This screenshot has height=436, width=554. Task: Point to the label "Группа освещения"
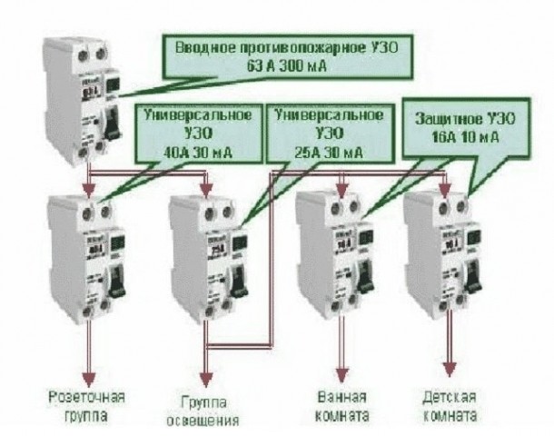[x=207, y=408]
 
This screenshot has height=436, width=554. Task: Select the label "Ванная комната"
[x=343, y=407]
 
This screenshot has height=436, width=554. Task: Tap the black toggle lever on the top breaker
[x=114, y=124]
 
